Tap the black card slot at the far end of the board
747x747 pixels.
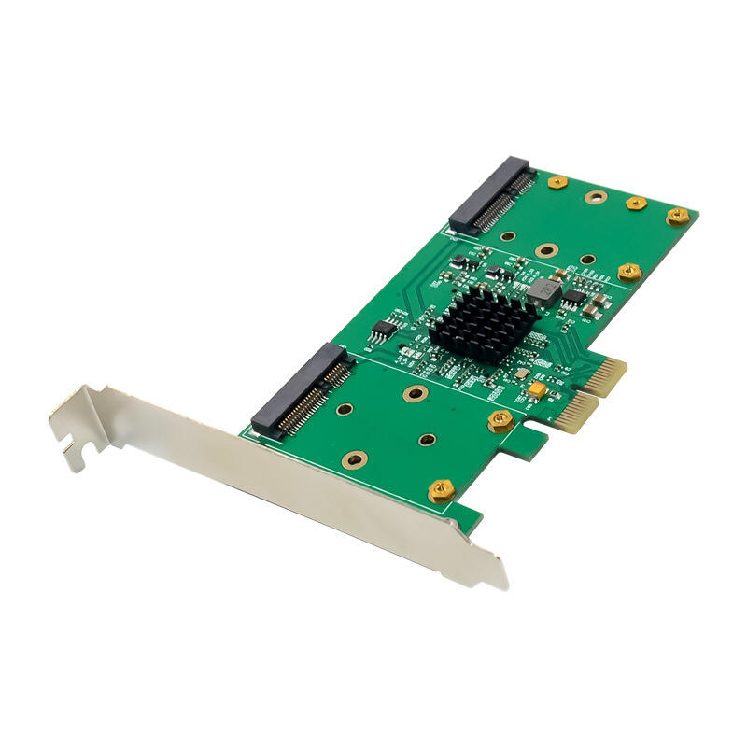tap(492, 195)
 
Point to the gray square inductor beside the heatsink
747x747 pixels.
tap(543, 292)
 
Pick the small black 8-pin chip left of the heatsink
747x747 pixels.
tap(383, 329)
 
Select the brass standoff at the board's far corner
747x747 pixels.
tap(677, 217)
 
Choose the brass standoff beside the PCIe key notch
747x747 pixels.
tap(500, 420)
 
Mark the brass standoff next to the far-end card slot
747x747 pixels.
tap(557, 182)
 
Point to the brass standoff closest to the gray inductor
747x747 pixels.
tap(628, 272)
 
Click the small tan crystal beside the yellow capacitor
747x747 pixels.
tap(525, 402)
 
